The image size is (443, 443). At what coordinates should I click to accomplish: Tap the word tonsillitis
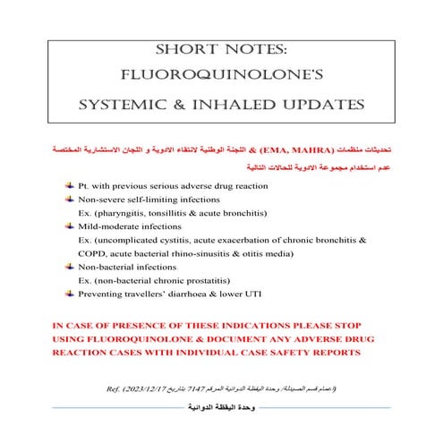[x=182, y=213]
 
